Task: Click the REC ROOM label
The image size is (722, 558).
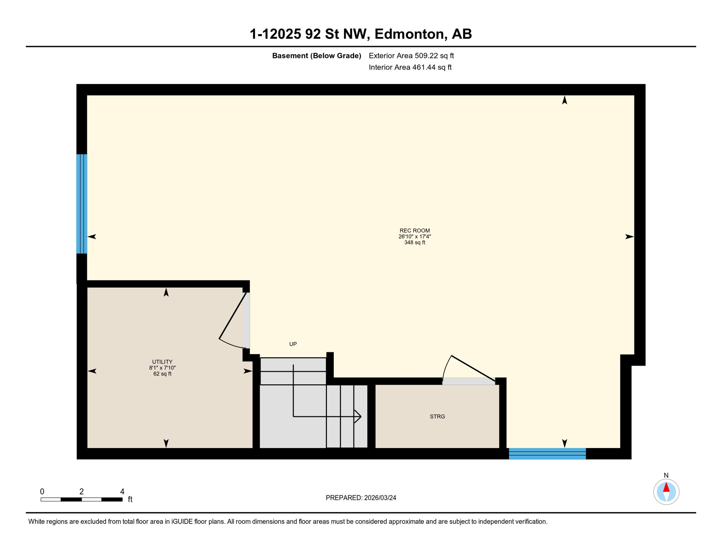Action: pos(414,231)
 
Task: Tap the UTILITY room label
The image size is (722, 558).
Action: pos(162,362)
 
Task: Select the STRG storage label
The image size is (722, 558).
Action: pos(437,417)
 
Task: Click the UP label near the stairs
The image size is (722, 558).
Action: pos(293,344)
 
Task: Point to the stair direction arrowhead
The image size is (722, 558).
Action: pos(358,416)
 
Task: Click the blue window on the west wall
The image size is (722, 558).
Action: pos(81,204)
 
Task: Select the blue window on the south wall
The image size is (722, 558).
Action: pos(547,454)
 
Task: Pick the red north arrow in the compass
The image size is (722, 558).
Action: pos(666,488)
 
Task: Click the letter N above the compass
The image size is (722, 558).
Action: pos(666,476)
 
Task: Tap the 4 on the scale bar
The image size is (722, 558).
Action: pos(122,492)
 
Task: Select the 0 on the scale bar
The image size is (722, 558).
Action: pos(42,492)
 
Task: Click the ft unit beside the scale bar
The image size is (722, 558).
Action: pos(130,500)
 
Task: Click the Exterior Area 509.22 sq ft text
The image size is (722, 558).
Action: pos(411,56)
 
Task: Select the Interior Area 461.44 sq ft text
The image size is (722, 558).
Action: pos(410,67)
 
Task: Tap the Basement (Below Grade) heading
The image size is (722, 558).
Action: pos(316,56)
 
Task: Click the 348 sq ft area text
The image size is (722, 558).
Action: pos(414,243)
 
